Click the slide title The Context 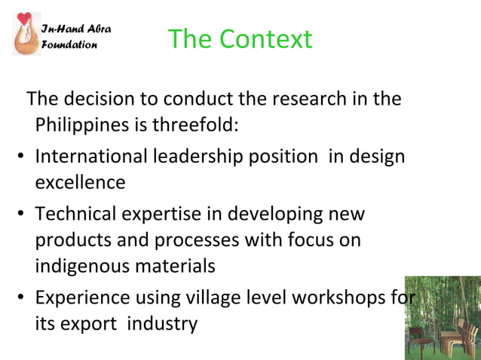(239, 38)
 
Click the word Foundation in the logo (69, 44)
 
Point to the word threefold (196, 124)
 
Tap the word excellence (80, 182)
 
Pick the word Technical (75, 214)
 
